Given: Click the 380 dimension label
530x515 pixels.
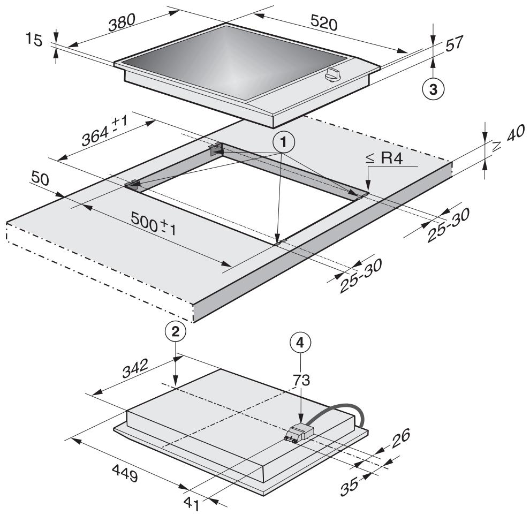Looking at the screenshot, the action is [x=122, y=22].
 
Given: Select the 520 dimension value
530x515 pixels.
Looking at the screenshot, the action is [x=323, y=24].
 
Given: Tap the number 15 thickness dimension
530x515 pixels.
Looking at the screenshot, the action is [x=34, y=40].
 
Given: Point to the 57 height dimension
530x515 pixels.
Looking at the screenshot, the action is [x=454, y=43].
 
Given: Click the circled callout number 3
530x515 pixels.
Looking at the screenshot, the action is [x=433, y=89].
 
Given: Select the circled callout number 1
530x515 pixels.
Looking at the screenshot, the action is [x=283, y=142].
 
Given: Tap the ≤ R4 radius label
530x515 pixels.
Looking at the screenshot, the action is [x=384, y=158].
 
